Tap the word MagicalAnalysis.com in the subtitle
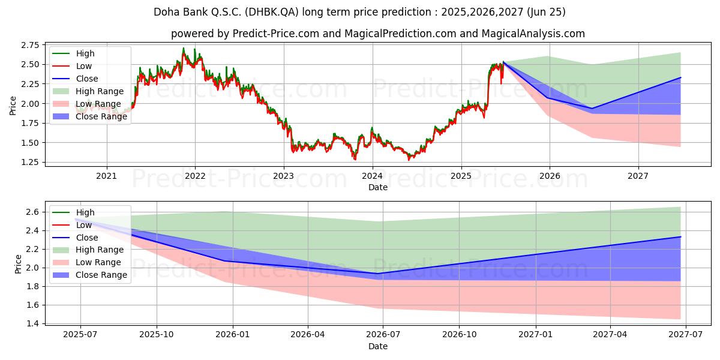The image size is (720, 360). coord(533,34)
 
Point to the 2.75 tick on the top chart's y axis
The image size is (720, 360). coord(30,45)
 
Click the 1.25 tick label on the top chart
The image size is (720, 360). coord(30,163)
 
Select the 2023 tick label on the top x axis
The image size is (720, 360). coord(283,176)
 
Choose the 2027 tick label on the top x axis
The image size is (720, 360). coord(638,176)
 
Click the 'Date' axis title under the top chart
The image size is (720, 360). coord(377,187)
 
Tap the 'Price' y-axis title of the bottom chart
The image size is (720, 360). coord(18,264)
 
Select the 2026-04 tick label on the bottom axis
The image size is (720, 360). coord(308,335)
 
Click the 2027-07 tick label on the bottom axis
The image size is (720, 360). coord(686,335)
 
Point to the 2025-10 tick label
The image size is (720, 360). coord(157,335)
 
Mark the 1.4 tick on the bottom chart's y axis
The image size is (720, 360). coord(33,323)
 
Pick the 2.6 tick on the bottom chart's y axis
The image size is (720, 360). coord(33,212)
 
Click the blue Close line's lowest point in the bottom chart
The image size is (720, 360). coord(377,274)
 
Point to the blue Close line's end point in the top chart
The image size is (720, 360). coord(680,77)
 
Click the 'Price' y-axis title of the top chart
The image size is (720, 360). coord(13,106)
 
